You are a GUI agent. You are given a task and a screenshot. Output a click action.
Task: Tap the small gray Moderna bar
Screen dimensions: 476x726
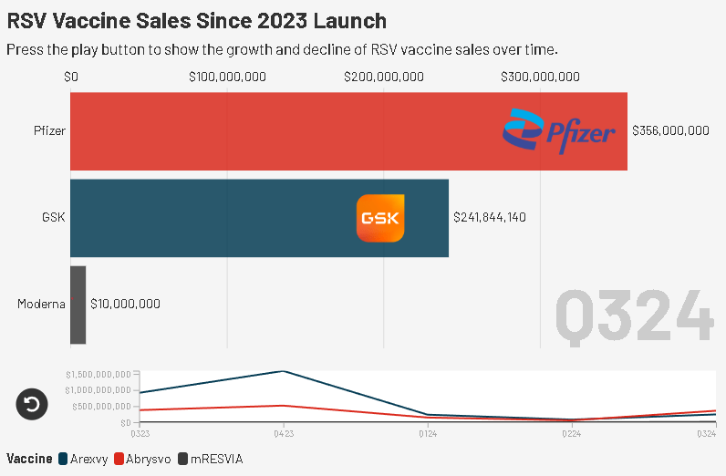(x=78, y=305)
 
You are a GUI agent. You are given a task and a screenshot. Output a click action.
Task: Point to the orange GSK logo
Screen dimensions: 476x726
(x=379, y=219)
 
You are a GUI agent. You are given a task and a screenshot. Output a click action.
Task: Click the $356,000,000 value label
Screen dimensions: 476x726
(x=670, y=131)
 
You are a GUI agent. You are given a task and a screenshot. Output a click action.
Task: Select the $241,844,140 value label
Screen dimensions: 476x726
(x=490, y=218)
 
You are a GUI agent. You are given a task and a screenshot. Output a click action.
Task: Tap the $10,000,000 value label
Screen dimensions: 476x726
(x=125, y=304)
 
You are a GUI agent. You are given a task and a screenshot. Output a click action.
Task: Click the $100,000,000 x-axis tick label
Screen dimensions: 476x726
(x=227, y=77)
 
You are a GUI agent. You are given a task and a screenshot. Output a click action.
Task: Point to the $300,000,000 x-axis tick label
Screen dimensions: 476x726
(x=541, y=77)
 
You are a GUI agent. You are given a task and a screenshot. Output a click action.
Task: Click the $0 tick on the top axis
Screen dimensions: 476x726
(x=71, y=77)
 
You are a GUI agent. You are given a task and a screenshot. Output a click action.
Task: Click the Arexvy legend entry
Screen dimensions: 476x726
(x=82, y=458)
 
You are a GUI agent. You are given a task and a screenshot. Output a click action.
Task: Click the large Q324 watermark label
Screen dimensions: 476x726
(x=633, y=316)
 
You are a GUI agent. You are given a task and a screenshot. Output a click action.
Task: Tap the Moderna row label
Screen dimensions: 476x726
(x=41, y=304)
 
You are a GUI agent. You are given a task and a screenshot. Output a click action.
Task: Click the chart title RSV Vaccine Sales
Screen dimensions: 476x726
(x=197, y=20)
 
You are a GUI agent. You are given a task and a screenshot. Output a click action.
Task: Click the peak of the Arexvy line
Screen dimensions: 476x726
(x=284, y=371)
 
